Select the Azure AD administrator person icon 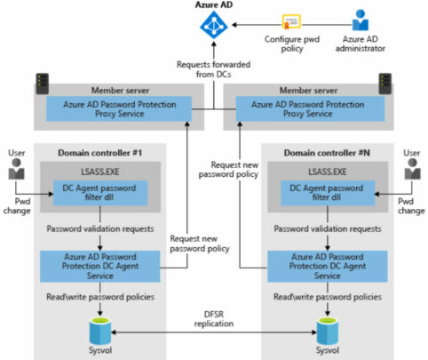point(361,20)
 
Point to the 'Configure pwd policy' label point(293,45)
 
